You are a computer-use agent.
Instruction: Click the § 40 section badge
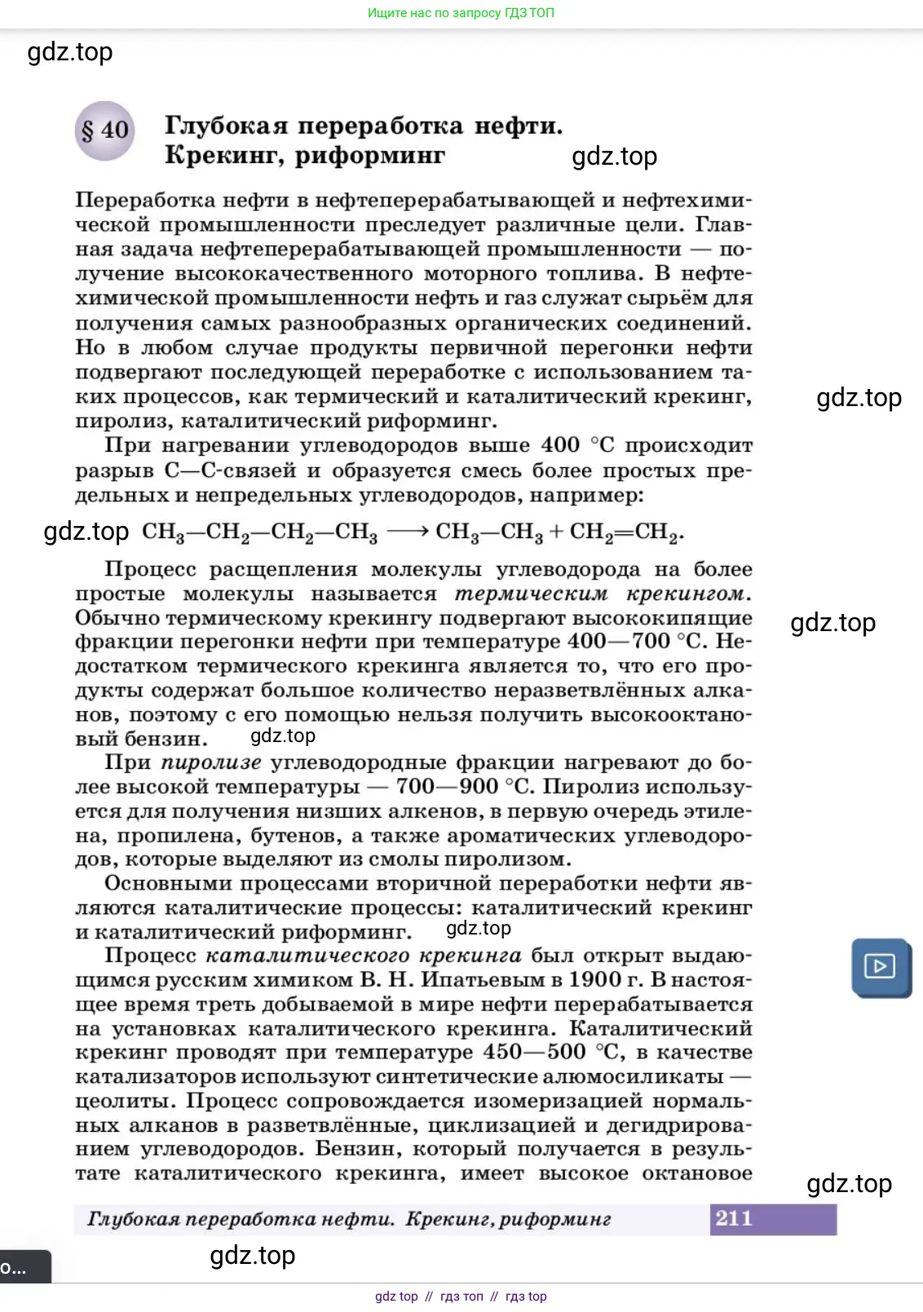[104, 130]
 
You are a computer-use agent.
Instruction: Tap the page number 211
[733, 1218]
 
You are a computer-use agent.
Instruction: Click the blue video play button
[880, 967]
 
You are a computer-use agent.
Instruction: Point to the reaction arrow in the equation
[408, 532]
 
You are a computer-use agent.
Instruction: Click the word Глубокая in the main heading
[226, 126]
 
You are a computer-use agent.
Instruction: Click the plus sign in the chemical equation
[556, 532]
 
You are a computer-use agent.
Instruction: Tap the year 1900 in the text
[595, 979]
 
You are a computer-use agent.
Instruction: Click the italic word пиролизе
[210, 762]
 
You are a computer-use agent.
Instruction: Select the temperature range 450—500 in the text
[534, 1052]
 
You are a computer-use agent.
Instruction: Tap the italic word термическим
[531, 594]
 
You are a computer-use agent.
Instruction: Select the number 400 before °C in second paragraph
[560, 445]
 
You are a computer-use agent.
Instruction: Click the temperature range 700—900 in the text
[446, 787]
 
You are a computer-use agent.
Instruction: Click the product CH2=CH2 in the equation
[625, 532]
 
